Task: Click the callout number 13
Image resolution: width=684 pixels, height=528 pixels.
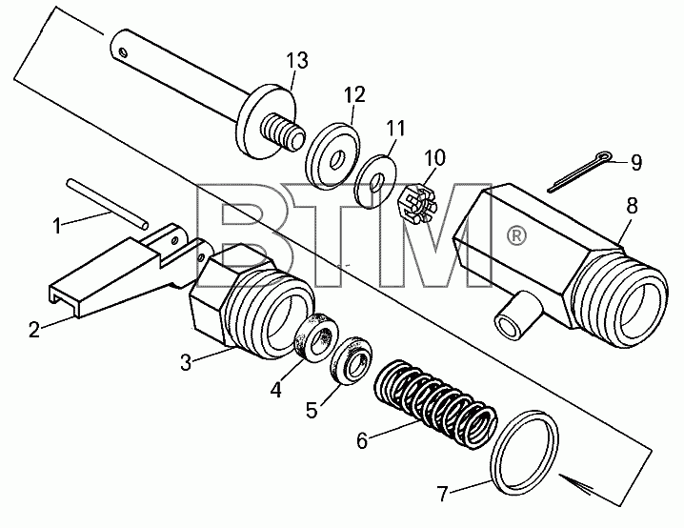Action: tap(297, 61)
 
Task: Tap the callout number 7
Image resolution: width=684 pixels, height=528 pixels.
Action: tap(443, 495)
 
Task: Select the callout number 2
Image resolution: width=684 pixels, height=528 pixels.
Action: tap(34, 330)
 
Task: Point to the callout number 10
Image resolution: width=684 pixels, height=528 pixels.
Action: tap(434, 158)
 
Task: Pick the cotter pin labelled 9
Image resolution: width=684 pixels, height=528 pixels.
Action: tap(580, 171)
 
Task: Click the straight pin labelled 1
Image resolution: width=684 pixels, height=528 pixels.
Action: tap(108, 203)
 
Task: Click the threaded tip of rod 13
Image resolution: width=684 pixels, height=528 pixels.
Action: tap(282, 132)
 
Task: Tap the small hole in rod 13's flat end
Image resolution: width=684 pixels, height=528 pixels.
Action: tap(123, 53)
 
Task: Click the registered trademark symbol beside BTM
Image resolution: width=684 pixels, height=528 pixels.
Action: tap(516, 236)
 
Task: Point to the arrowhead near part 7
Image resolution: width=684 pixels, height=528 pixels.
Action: tap(576, 483)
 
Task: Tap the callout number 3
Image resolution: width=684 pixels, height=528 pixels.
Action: tap(187, 362)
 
